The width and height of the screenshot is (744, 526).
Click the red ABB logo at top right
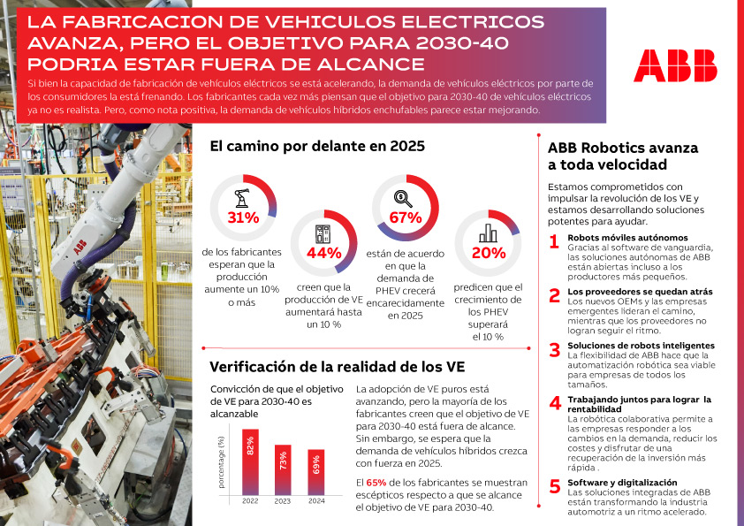tap(675, 65)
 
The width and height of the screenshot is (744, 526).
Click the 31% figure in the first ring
tap(243, 217)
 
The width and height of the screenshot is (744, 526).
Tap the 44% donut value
tap(323, 254)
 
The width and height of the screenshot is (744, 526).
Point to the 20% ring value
tap(488, 254)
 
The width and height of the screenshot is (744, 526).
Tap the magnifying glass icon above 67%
tap(404, 198)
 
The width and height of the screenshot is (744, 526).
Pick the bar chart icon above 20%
tap(488, 233)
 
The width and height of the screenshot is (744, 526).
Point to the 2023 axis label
tap(283, 500)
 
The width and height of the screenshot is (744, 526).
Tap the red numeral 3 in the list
tap(554, 349)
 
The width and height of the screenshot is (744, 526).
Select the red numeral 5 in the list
tap(554, 486)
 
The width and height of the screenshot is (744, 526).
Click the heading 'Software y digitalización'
tap(623, 483)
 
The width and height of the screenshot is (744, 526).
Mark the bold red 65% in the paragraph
tap(376, 482)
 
